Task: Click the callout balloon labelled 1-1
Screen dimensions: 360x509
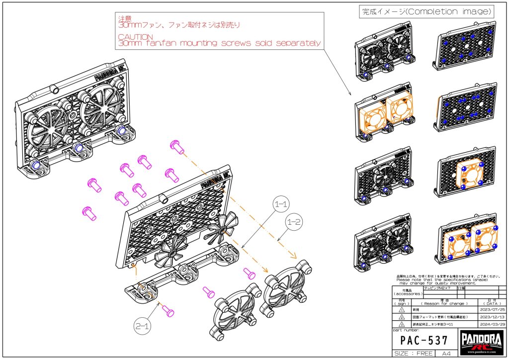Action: (x=284, y=204)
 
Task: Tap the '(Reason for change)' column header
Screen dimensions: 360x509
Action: (x=444, y=303)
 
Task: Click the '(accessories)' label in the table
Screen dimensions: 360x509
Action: (x=407, y=294)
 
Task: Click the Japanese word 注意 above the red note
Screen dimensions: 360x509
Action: (x=124, y=17)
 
